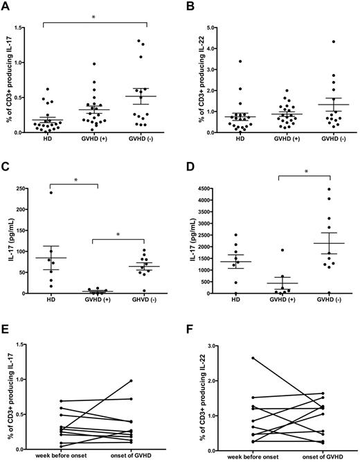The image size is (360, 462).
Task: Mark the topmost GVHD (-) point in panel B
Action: [x=313, y=42]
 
